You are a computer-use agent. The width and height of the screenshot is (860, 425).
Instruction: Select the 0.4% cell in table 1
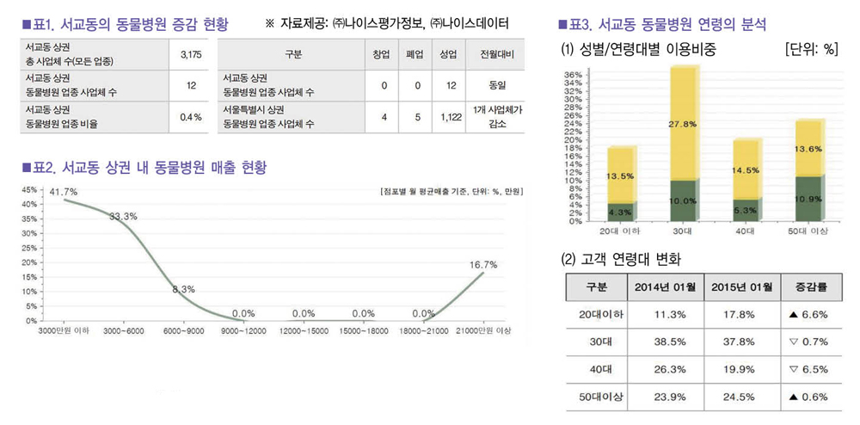click(190, 117)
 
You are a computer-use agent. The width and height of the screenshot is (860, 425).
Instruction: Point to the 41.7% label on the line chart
click(63, 191)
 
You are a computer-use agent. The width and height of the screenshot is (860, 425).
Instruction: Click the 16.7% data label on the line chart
click(482, 265)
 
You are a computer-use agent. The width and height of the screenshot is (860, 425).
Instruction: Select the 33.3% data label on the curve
click(124, 217)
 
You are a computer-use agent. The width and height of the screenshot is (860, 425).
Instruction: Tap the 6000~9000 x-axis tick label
click(184, 330)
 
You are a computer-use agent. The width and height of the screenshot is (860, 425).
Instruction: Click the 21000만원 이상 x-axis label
click(485, 330)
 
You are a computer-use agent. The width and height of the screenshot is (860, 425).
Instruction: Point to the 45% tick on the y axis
click(28, 189)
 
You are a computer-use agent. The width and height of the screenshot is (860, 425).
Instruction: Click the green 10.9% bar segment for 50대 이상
click(809, 198)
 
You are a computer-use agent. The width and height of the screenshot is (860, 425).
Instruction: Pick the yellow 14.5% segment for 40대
click(746, 170)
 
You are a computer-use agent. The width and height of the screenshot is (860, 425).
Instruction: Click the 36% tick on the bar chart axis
click(572, 75)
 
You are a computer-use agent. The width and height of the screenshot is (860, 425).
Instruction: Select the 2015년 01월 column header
click(742, 286)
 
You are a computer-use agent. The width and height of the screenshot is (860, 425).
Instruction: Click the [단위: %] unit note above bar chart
click(811, 49)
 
